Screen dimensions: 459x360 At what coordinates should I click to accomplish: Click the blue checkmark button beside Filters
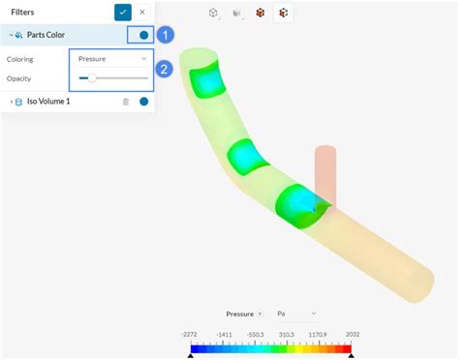123,13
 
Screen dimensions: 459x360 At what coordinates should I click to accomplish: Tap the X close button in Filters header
142,13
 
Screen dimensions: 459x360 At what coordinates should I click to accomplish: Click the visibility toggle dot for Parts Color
144,35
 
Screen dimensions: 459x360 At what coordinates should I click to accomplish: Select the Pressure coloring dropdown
112,59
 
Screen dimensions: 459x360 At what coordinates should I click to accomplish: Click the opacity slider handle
92,78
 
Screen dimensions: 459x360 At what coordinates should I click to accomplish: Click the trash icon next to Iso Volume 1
126,102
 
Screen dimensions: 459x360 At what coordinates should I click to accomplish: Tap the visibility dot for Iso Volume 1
144,102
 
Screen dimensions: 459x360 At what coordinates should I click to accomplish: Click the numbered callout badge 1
166,35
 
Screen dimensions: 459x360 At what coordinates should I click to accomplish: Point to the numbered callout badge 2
164,69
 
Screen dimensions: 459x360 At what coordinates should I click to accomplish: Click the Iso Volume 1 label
48,102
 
